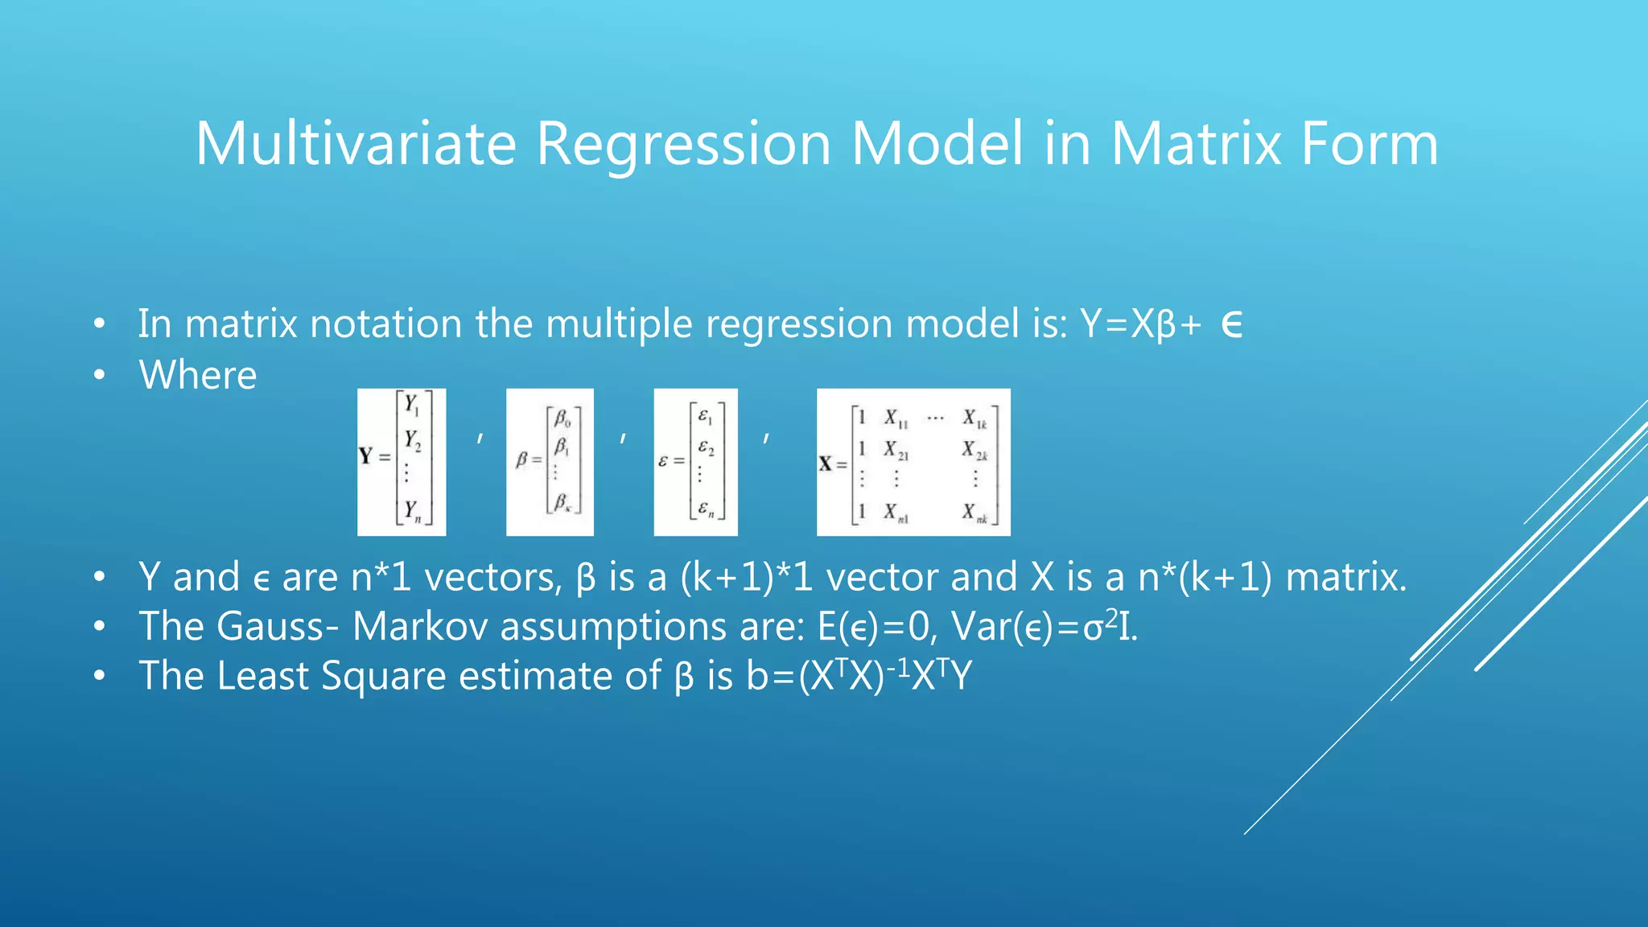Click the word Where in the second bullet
click(198, 375)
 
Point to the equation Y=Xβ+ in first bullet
click(1141, 324)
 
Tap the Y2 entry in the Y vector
click(413, 440)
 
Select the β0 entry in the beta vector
click(562, 418)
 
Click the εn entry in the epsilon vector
click(706, 509)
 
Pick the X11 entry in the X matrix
click(896, 418)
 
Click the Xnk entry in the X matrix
click(974, 513)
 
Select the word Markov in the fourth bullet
click(420, 626)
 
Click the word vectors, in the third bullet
click(492, 577)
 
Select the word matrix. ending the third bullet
click(1345, 577)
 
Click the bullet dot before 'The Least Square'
click(99, 676)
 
